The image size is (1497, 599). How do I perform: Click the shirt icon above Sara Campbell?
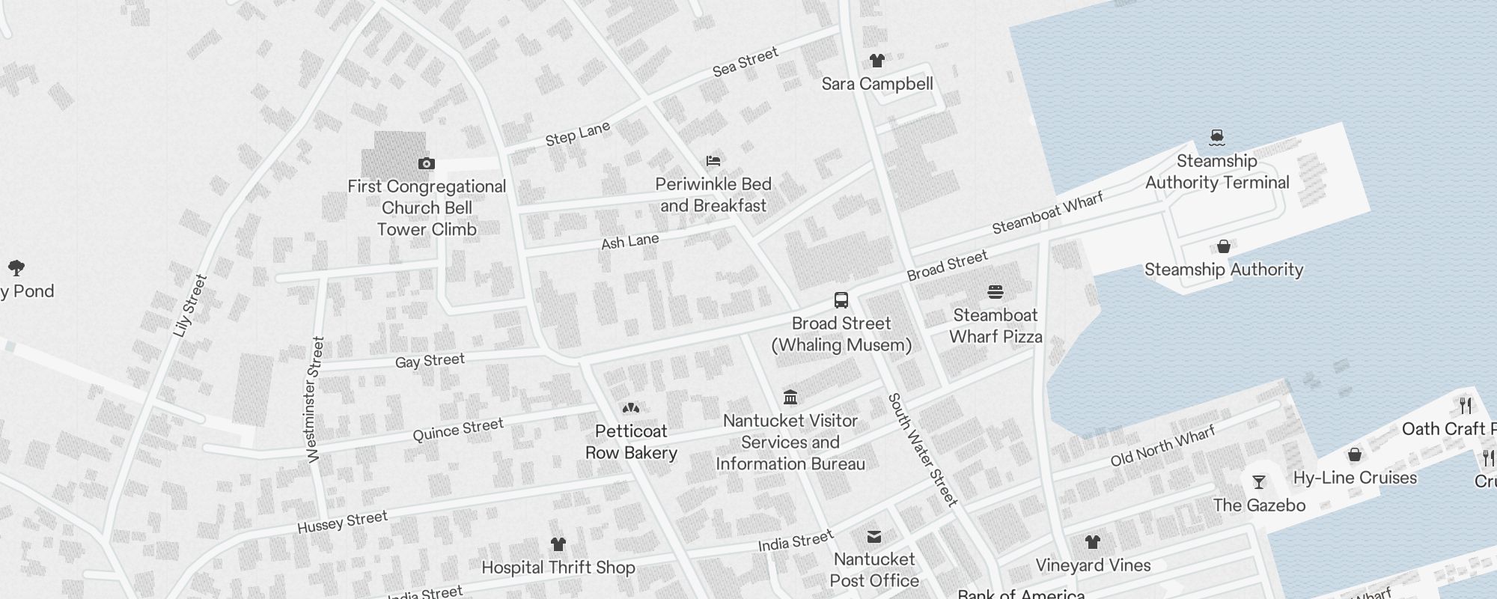click(876, 61)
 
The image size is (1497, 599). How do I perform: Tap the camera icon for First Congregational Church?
click(427, 163)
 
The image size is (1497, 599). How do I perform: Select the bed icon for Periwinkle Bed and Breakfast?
click(713, 161)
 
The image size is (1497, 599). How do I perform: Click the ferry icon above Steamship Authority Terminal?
click(1216, 137)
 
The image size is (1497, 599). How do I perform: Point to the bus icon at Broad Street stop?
click(841, 300)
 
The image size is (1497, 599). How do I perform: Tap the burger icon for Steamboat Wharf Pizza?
click(996, 292)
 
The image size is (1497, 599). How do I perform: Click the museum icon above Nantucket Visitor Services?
click(790, 397)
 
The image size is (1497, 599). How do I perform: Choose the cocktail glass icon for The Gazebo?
click(1259, 482)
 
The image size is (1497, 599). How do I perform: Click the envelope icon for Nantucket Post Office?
click(873, 536)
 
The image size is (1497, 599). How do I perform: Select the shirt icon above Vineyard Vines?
click(1092, 542)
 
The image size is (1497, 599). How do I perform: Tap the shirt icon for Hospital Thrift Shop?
click(558, 544)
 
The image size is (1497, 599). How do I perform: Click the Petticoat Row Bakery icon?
click(631, 408)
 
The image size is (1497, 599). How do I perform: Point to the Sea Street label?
click(746, 61)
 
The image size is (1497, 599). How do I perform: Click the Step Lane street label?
click(577, 134)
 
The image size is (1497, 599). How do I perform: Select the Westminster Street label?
click(315, 399)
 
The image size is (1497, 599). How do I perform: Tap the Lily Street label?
click(189, 305)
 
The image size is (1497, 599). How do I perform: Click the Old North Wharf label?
click(1162, 446)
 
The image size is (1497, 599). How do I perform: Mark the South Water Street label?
click(922, 449)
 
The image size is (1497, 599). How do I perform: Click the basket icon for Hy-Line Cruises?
click(1354, 455)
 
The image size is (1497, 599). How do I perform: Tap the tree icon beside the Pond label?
click(16, 268)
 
